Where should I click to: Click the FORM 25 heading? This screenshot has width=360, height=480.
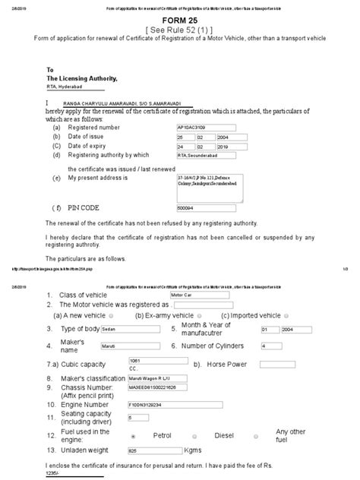(x=179, y=24)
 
